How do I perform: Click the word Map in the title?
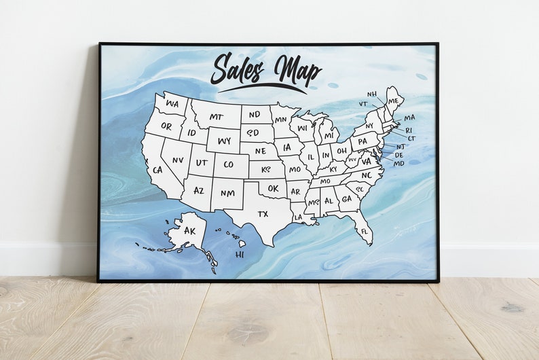[297, 70]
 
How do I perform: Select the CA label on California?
[157, 170]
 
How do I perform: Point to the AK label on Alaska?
[189, 231]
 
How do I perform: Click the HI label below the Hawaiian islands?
[240, 255]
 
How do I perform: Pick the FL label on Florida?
[365, 232]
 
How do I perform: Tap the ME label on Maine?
[393, 101]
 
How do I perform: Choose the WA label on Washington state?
[172, 104]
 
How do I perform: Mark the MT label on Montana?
[216, 117]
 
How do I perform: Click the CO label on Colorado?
[228, 164]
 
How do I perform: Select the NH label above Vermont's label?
[372, 94]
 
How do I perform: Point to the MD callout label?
[398, 164]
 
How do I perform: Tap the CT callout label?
[411, 139]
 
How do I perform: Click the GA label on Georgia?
[346, 199]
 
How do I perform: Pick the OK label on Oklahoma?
[273, 188]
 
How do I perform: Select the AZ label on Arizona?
[198, 191]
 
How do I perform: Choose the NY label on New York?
[369, 126]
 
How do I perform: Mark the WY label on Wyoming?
[223, 141]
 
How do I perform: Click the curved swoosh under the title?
[262, 87]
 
